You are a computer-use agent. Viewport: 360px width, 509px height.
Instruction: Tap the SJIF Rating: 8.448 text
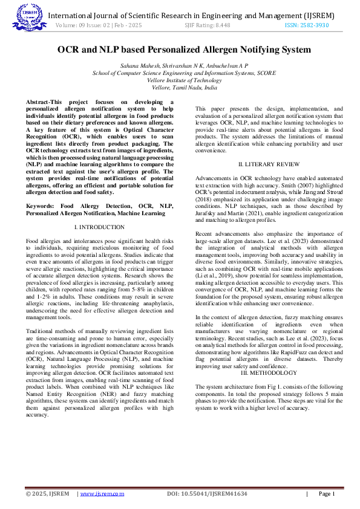207,25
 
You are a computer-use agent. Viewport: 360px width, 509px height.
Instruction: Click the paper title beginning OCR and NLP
184,50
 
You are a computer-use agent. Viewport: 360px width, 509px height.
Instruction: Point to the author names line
184,65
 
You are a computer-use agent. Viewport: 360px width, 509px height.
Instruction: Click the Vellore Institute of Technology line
184,80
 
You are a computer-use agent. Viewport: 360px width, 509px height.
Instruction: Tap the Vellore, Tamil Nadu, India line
184,87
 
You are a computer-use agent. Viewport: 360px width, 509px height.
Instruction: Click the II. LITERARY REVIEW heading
268,164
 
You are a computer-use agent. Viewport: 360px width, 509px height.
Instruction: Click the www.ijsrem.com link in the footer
102,493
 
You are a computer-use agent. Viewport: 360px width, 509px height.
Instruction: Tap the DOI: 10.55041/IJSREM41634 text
207,493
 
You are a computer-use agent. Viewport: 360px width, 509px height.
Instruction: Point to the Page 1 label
326,493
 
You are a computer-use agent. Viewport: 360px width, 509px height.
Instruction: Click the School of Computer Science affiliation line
184,73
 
